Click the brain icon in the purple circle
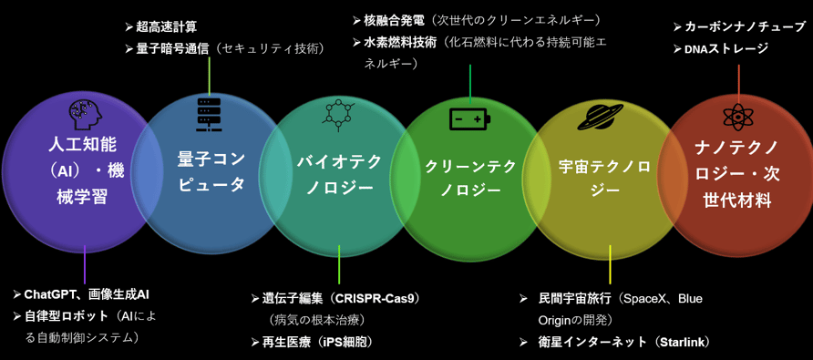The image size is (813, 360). click(84, 115)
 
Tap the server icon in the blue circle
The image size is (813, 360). click(210, 114)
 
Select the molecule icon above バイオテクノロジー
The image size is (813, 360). click(338, 114)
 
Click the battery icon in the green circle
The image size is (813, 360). click(469, 118)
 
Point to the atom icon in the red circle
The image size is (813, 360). click(738, 118)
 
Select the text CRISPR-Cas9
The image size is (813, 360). click(375, 299)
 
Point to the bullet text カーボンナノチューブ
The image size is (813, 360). click(745, 26)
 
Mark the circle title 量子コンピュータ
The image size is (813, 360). click(211, 171)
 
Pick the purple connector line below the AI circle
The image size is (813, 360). click(85, 264)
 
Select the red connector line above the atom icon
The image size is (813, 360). click(739, 84)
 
